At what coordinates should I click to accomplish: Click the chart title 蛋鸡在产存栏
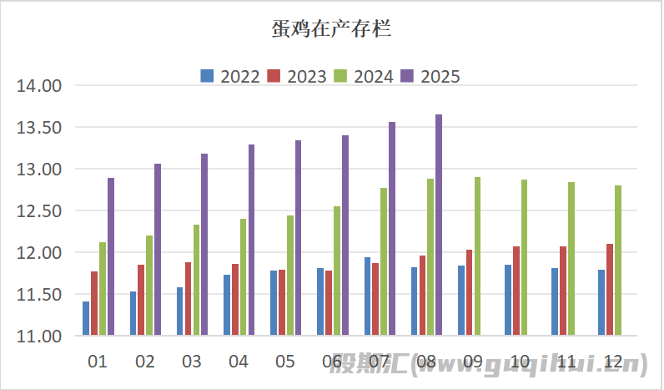pos(331,31)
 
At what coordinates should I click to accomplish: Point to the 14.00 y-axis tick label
pos(40,86)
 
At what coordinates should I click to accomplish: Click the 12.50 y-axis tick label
pos(40,211)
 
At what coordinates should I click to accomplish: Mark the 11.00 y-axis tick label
pos(40,337)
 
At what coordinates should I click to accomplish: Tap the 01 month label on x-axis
pos(98,362)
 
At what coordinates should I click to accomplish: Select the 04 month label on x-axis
pos(239,362)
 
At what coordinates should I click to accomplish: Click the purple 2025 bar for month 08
pos(439,225)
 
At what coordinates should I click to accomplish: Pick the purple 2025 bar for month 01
pos(111,257)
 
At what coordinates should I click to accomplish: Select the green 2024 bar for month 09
pos(477,256)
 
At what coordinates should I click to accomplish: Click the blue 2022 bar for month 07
pos(367,296)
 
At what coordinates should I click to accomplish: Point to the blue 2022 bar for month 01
pos(86,318)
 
